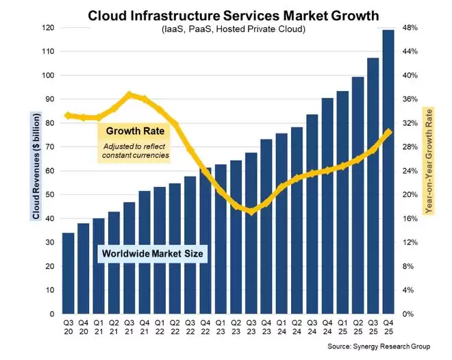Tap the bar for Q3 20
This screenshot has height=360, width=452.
click(x=68, y=273)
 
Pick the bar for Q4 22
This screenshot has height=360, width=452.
click(x=205, y=240)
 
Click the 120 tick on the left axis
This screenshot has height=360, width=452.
click(x=47, y=28)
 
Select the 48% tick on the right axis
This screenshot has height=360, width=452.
click(x=410, y=28)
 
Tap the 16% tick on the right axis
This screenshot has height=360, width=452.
click(x=410, y=219)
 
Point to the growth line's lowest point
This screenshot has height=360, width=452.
click(x=251, y=211)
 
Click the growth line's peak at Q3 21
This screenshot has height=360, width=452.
click(x=129, y=94)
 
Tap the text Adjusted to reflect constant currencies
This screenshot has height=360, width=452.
click(x=136, y=151)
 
